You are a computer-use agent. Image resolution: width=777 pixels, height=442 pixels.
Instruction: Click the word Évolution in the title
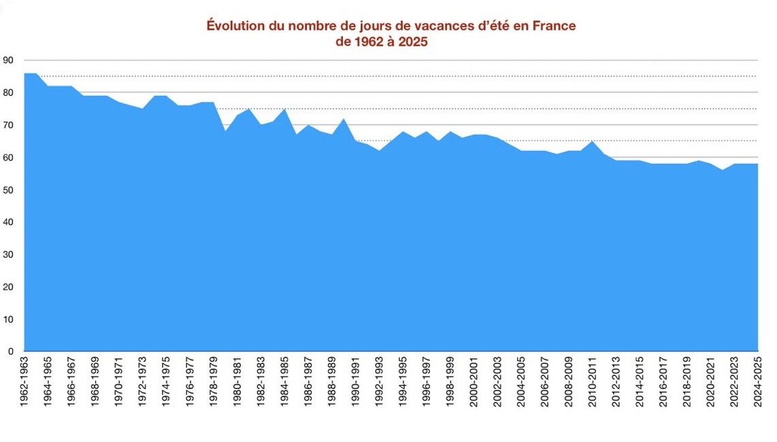236,25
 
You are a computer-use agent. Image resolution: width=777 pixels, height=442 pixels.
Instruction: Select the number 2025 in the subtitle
412,41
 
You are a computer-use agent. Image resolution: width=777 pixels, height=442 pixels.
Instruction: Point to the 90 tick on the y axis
8,60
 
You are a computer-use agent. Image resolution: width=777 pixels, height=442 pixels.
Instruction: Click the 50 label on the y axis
8,190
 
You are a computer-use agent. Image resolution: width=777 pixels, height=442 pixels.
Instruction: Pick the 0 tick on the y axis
11,352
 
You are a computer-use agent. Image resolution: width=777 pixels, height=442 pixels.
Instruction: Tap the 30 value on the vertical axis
8,254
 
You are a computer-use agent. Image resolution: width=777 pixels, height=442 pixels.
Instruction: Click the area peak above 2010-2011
592,141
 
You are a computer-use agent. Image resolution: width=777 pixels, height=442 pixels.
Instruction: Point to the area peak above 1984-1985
284,109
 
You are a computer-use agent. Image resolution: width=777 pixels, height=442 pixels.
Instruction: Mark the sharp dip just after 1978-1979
225,131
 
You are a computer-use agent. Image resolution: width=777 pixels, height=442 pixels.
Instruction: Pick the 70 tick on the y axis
8,125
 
